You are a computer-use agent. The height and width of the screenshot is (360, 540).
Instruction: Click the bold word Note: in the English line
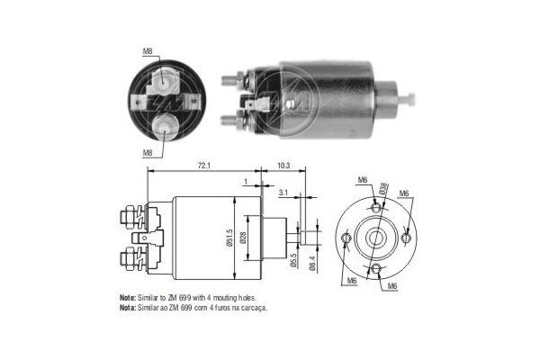click(x=129, y=297)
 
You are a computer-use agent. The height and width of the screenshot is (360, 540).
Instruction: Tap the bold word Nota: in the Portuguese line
click(x=129, y=307)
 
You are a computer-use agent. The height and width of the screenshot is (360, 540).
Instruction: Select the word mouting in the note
click(x=224, y=297)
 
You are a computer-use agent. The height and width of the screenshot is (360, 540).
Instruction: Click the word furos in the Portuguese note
click(x=213, y=307)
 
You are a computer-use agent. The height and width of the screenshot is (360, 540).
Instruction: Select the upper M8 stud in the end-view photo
click(x=164, y=80)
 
